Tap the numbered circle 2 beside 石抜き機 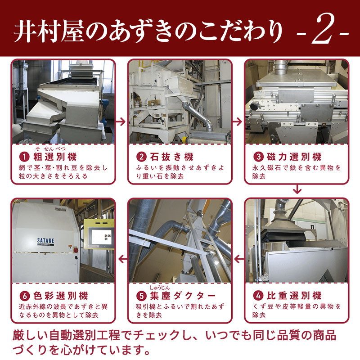[x=141, y=157]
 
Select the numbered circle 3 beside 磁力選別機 [x=258, y=157]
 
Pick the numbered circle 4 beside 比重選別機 [x=258, y=296]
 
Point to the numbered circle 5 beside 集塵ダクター [x=141, y=296]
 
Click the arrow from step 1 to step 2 [x=121, y=121]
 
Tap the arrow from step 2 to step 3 [x=238, y=121]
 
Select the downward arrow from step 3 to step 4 [x=297, y=189]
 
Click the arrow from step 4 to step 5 [x=238, y=259]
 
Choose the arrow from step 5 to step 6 [x=121, y=259]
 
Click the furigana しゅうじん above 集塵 [x=160, y=287]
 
